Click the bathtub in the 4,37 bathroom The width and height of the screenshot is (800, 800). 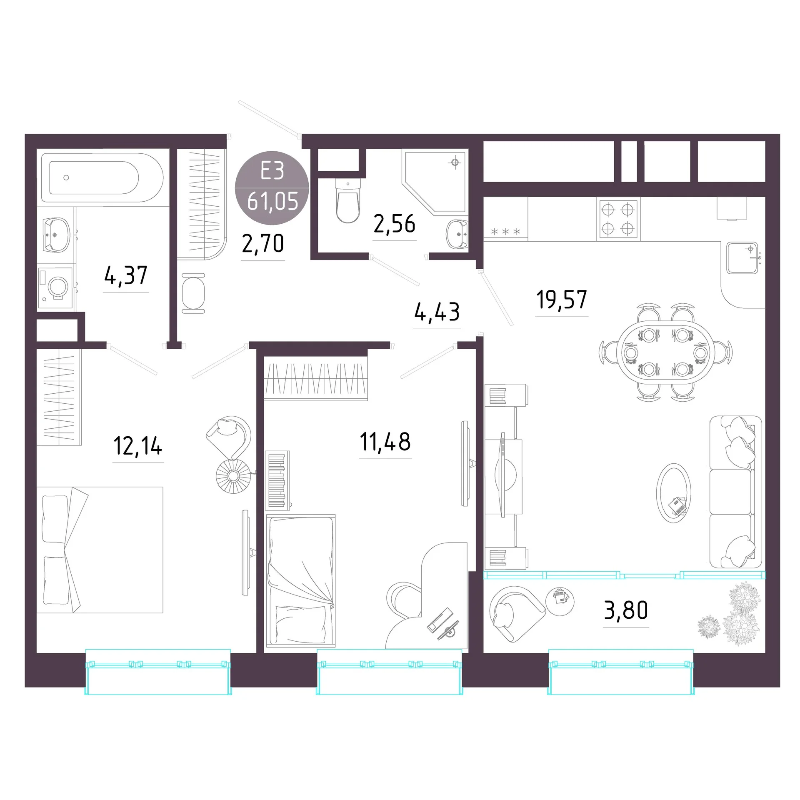pyautogui.click(x=102, y=178)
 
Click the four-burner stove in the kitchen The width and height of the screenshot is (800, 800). pyautogui.click(x=618, y=219)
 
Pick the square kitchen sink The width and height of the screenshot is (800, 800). pyautogui.click(x=742, y=258)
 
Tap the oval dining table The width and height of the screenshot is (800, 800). pyautogui.click(x=665, y=352)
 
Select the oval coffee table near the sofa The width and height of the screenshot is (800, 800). pyautogui.click(x=673, y=493)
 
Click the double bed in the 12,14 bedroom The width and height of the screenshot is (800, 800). pyautogui.click(x=100, y=550)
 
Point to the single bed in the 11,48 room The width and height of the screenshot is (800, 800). pyautogui.click(x=300, y=582)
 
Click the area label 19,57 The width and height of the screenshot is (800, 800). pyautogui.click(x=561, y=300)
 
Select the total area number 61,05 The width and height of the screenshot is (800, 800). pyautogui.click(x=273, y=201)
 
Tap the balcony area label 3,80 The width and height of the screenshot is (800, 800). pyautogui.click(x=626, y=610)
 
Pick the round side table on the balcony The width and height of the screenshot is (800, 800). pyautogui.click(x=560, y=601)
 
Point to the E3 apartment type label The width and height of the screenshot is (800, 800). pyautogui.click(x=272, y=170)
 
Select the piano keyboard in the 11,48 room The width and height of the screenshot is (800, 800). pyautogui.click(x=277, y=480)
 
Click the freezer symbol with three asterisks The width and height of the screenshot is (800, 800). pyautogui.click(x=505, y=232)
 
